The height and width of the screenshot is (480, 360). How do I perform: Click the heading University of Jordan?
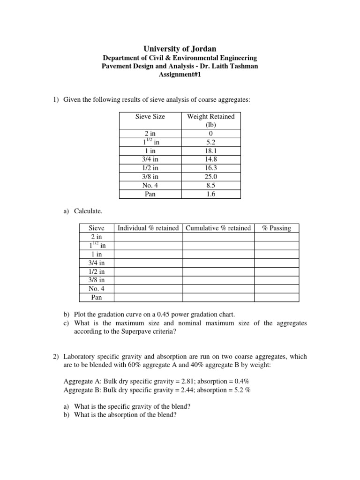tap(180, 48)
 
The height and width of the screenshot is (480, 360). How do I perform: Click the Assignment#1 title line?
tap(180, 75)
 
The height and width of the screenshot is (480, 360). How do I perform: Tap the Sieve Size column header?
tap(150, 116)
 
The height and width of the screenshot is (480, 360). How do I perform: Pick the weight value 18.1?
tap(210, 151)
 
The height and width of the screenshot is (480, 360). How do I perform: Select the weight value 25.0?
tap(210, 177)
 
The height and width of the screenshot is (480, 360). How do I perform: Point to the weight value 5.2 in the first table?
tap(210, 142)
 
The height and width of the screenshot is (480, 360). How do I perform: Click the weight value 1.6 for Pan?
tap(210, 194)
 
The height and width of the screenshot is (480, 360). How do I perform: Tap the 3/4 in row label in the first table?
tap(150, 159)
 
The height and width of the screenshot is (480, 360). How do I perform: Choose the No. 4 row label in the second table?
tap(97, 288)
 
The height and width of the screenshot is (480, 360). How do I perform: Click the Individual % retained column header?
tap(148, 228)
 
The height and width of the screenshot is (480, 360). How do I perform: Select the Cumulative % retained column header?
tap(218, 228)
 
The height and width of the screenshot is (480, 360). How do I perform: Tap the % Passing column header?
tap(276, 228)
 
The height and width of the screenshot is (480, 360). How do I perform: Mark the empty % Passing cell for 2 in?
tap(276, 237)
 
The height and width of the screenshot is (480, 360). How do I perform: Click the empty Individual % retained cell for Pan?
tap(148, 297)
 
